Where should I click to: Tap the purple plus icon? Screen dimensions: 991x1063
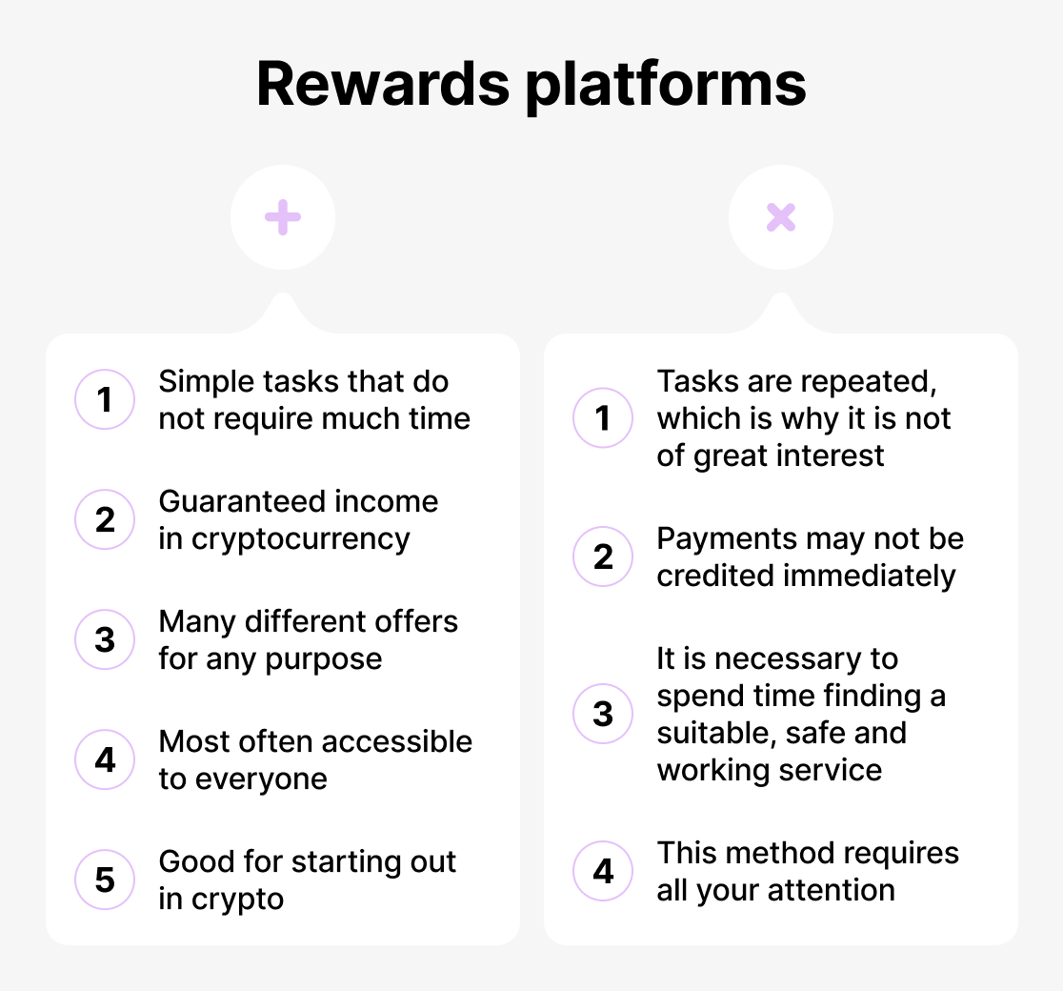[x=283, y=218]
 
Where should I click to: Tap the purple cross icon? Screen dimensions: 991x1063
[x=780, y=218]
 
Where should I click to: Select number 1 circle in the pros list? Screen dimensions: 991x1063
[x=105, y=399]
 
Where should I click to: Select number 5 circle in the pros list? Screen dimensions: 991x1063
[x=105, y=880]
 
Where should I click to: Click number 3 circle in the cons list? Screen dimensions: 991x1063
[x=603, y=714]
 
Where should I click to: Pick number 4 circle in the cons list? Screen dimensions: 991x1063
[x=603, y=871]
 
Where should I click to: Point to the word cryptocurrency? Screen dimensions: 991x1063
[x=300, y=539]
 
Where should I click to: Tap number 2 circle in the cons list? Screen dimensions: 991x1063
[x=603, y=556]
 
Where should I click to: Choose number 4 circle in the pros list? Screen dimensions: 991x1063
[x=105, y=759]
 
